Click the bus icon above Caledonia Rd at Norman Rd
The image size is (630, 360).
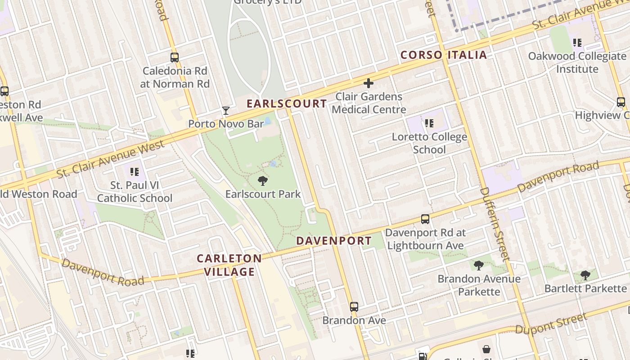coord(175,58)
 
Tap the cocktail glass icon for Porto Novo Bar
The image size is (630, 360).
coord(226,111)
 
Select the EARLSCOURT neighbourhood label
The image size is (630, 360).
coord(287,103)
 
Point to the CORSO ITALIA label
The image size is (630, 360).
coord(444,55)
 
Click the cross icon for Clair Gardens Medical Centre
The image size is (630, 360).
coord(369,83)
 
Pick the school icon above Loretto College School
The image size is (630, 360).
coord(429,123)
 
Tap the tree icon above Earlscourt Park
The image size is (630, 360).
coord(263,181)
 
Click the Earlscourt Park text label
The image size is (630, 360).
coord(263,194)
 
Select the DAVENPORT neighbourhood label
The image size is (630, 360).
coord(334,241)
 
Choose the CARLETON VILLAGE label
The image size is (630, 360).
coord(229,265)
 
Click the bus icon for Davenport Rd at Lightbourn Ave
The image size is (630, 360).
coord(425,219)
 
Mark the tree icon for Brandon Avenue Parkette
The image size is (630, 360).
coord(479,265)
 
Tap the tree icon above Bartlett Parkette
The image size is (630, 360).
coord(585,275)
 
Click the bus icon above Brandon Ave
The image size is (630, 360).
coord(354,307)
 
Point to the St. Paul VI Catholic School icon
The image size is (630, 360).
coord(134,171)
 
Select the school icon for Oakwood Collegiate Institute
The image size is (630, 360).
coord(577,43)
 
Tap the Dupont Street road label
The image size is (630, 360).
coord(551,324)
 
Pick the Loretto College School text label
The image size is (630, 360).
coord(429,143)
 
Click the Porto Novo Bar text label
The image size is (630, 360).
coord(226,124)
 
